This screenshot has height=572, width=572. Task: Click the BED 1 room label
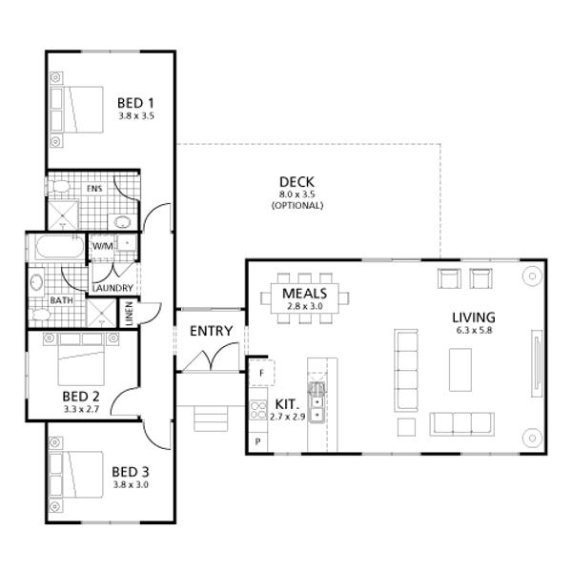tap(135, 103)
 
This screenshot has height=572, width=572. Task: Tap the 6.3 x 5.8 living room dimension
tap(474, 331)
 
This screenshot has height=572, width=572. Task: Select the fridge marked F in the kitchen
tap(261, 373)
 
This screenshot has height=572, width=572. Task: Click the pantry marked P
tap(258, 441)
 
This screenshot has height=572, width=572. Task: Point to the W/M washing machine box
tap(102, 246)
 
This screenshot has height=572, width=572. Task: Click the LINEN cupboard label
tap(129, 314)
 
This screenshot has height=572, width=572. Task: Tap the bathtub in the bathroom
tap(60, 247)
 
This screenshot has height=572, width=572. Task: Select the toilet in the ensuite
tap(57, 187)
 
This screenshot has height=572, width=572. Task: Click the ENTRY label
tap(212, 331)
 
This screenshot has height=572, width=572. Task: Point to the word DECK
tap(296, 182)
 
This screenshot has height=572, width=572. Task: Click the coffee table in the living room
tap(460, 370)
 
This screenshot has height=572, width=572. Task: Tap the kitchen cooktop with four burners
tap(258, 410)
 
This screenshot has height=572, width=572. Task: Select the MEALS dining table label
tap(305, 294)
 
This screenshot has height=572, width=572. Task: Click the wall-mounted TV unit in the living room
tap(537, 363)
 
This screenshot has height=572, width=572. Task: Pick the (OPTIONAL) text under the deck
tap(297, 205)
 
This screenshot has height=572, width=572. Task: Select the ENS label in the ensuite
tap(94, 189)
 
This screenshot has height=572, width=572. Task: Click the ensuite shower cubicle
tap(63, 215)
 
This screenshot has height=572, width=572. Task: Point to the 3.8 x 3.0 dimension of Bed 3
tap(131, 485)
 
